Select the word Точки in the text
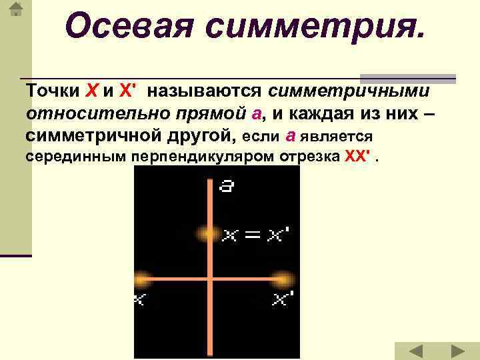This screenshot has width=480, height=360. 53,91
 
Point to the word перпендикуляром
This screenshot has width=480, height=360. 199,158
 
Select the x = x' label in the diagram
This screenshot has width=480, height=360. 257,235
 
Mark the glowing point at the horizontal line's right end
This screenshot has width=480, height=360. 283,278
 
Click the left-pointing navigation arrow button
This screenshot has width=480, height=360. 415,351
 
